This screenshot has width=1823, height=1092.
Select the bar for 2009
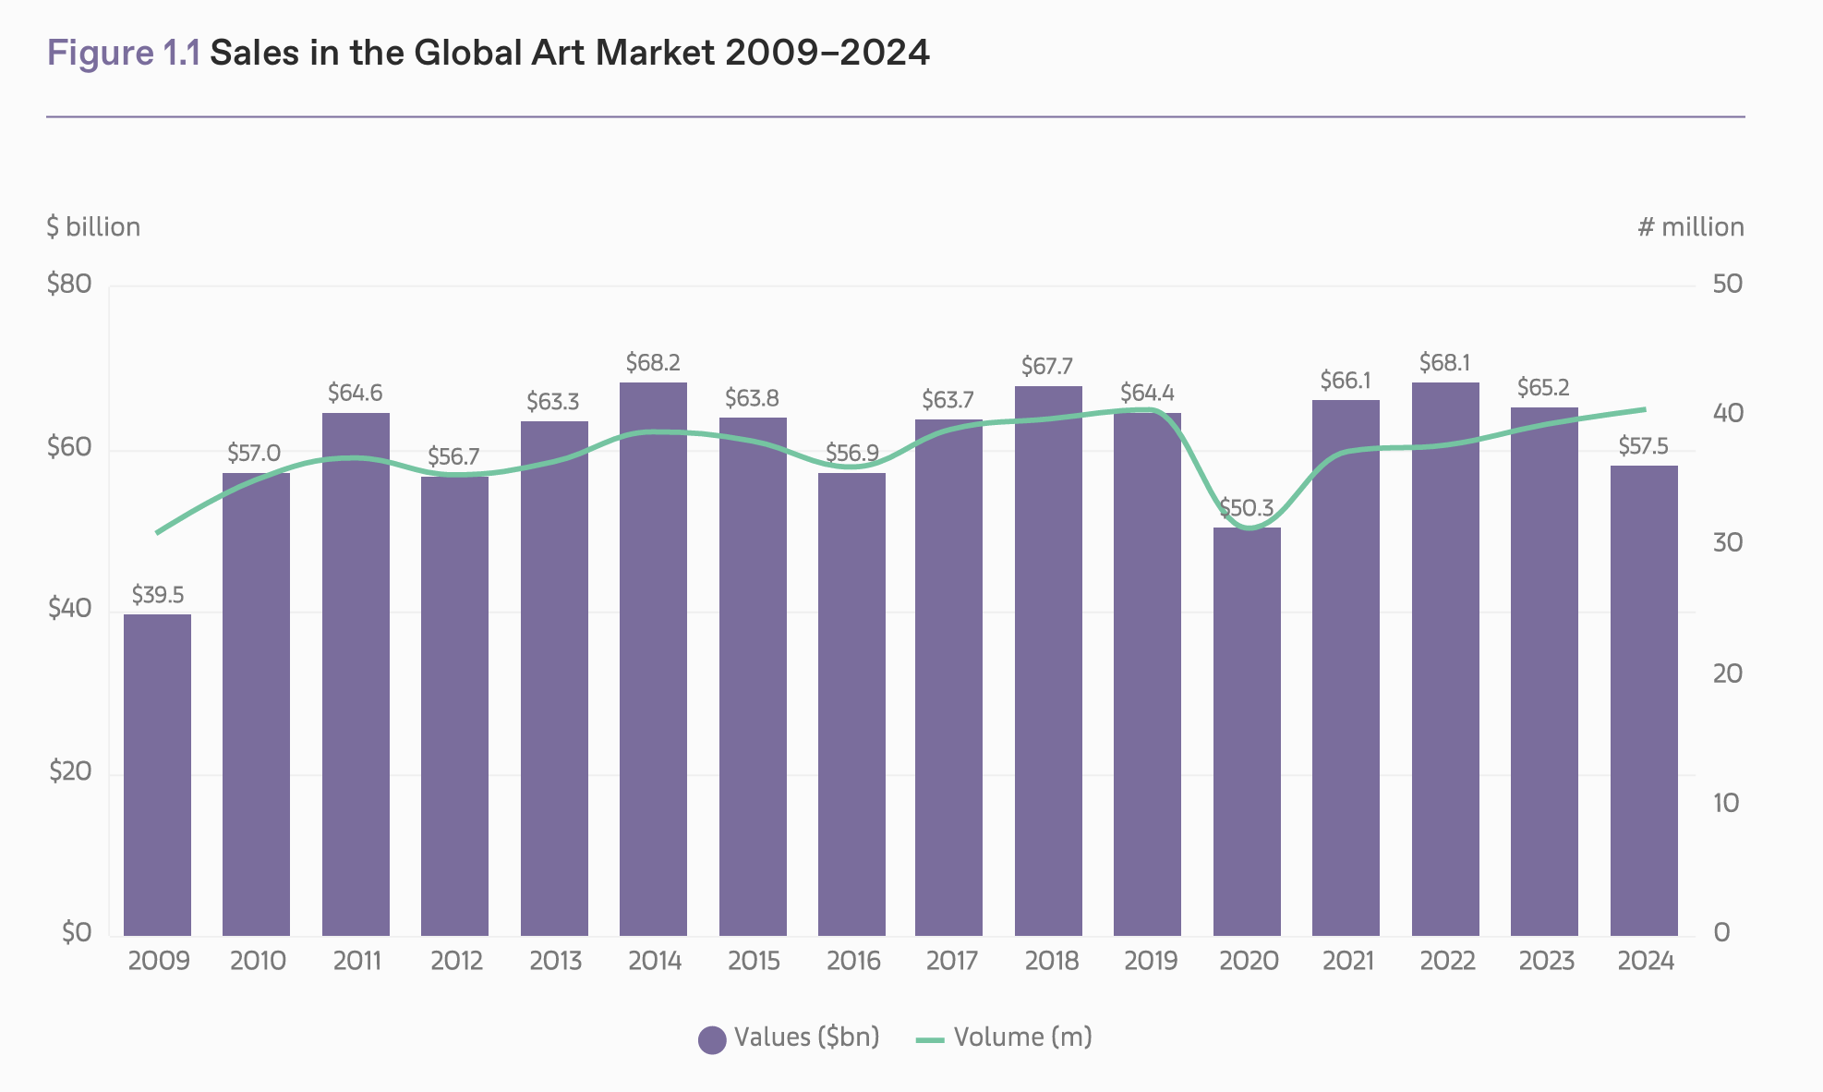157,775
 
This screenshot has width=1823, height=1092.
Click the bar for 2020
1247,732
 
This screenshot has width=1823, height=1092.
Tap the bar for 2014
653,659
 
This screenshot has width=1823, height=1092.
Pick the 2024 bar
1644,700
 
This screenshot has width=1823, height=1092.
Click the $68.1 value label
1444,362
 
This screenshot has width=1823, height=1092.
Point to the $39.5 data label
158,594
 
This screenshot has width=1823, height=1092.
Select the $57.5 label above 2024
1644,447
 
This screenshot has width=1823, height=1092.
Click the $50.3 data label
1247,508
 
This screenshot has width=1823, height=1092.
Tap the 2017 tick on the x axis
951,961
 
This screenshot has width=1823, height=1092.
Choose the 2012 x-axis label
456,961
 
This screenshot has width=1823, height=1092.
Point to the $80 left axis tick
70,284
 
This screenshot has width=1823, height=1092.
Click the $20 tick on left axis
71,771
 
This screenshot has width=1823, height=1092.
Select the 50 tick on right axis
1727,284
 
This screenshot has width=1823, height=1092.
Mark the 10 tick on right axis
1726,803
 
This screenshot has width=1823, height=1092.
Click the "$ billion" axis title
93,227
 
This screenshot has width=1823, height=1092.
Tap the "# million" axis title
1691,227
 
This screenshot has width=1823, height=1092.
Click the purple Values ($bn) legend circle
712,1039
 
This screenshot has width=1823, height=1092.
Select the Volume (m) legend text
1022,1037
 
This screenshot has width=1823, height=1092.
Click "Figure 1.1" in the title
124,53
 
